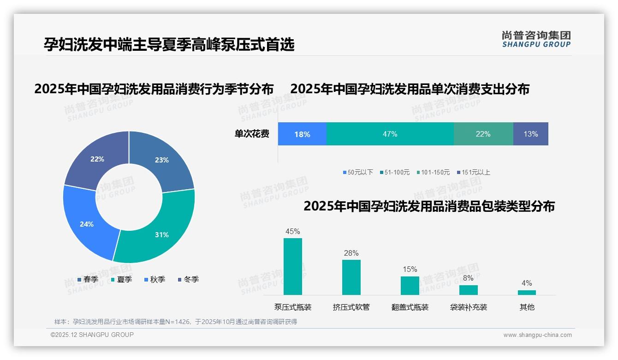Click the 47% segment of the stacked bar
coord(390,134)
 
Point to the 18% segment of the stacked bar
coord(302,134)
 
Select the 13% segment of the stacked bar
coord(530,134)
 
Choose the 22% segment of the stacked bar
coord(483,134)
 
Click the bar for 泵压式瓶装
coord(293,266)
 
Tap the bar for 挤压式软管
coord(351,277)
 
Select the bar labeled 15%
coord(410,285)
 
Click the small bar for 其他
coord(527,292)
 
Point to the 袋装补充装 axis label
coord(468,307)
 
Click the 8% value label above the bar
coord(468,278)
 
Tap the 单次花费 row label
coord(252,134)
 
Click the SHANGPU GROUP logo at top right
coord(536,39)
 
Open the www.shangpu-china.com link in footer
coord(537,335)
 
